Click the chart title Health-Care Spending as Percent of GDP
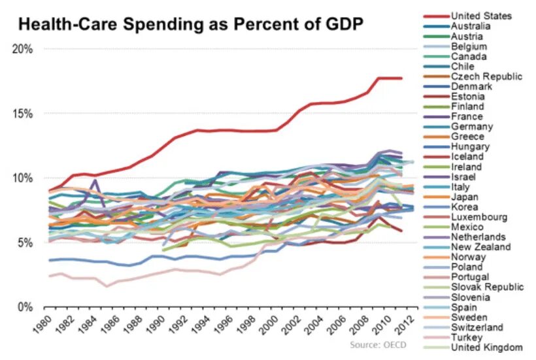(190, 25)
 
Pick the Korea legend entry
(465, 206)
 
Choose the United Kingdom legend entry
(486, 347)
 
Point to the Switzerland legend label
(477, 327)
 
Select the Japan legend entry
(465, 197)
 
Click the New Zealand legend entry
(481, 246)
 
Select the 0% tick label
(26, 307)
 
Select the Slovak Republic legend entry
(486, 287)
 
